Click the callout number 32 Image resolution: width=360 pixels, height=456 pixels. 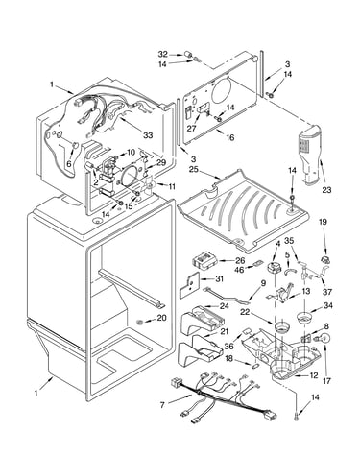click(x=162, y=54)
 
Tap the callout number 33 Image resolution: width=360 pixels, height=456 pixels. click(x=148, y=135)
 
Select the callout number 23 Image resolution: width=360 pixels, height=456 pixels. click(x=326, y=190)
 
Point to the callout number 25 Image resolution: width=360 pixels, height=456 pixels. click(x=194, y=168)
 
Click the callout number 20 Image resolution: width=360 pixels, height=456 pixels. click(x=161, y=318)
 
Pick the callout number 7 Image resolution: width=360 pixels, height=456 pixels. click(x=162, y=405)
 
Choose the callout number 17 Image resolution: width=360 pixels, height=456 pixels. click(x=326, y=381)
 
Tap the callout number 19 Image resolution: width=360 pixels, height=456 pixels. click(x=324, y=222)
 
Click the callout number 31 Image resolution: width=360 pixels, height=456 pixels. click(x=219, y=279)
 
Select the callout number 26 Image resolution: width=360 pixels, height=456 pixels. click(x=240, y=261)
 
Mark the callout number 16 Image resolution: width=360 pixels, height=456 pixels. click(x=230, y=137)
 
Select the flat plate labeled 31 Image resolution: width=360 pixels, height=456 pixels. click(x=189, y=285)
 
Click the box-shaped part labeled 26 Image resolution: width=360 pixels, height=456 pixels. click(x=204, y=259)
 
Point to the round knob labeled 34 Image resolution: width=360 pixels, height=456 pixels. click(x=304, y=318)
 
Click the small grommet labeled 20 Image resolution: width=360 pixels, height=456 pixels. click(x=139, y=322)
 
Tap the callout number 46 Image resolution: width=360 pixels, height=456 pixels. click(x=239, y=270)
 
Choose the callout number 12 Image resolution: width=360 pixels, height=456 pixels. click(x=314, y=375)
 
